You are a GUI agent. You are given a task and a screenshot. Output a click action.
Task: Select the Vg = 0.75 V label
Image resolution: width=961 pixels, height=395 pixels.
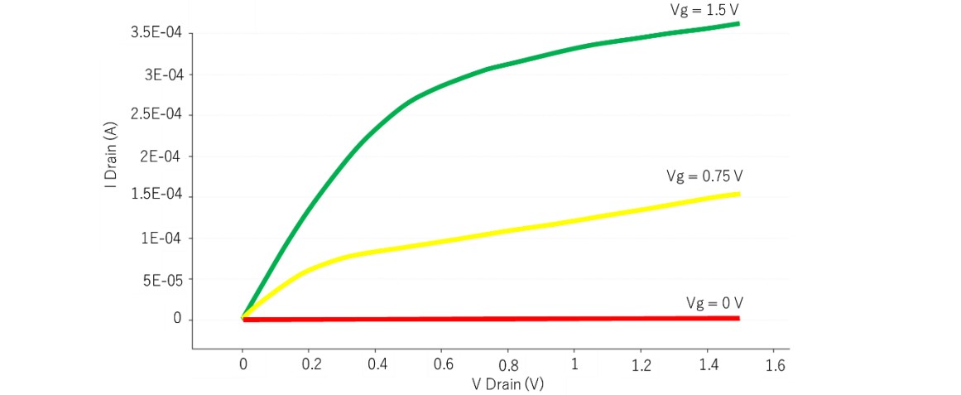[x=704, y=176]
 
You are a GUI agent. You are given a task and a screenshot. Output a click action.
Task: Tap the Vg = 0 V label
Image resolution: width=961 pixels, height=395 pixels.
[x=709, y=302]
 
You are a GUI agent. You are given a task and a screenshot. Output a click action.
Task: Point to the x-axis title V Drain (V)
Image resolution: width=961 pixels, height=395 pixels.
[x=507, y=384]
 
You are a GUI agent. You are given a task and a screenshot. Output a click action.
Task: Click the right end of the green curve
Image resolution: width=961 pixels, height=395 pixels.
[x=738, y=23]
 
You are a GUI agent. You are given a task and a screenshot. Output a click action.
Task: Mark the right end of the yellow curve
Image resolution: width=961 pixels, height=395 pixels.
[x=738, y=194]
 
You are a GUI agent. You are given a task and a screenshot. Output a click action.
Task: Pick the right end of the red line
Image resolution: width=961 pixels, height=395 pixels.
[x=738, y=318]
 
